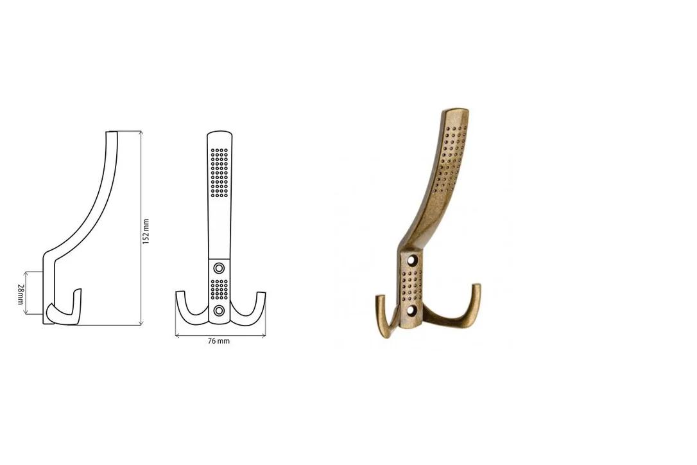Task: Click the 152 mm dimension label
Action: [146, 231]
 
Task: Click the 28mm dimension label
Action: [20, 294]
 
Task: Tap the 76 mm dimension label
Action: [219, 341]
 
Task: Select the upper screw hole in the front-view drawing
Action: [219, 268]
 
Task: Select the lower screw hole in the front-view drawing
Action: [219, 310]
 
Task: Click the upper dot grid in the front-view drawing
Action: [219, 173]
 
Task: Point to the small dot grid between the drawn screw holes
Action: [219, 289]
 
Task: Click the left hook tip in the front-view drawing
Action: [180, 292]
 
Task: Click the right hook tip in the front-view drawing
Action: [261, 293]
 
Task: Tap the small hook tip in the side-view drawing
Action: [79, 290]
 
